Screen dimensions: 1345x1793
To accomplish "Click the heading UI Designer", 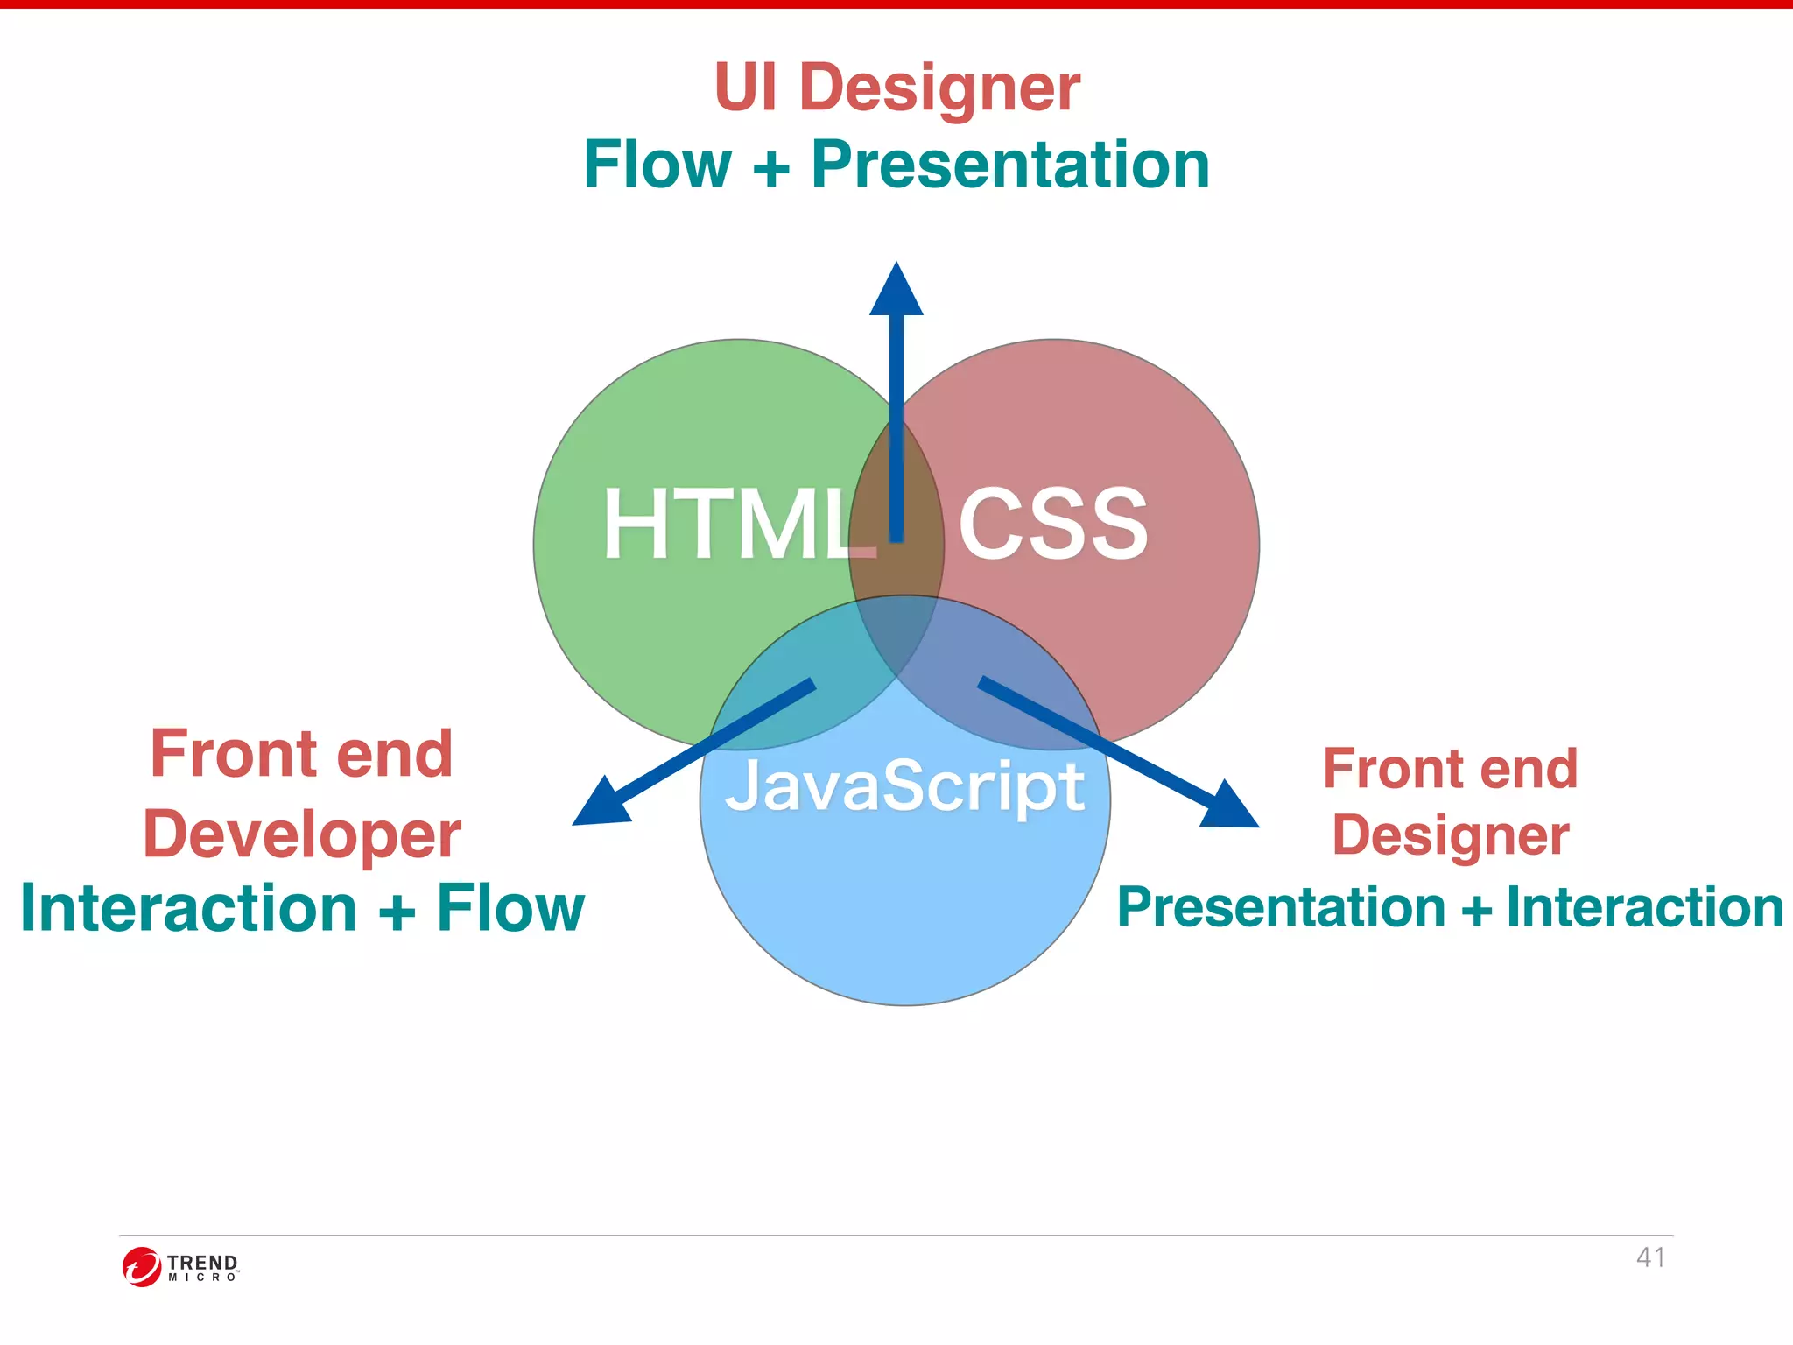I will [896, 88].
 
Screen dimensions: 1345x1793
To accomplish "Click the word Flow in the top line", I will [657, 165].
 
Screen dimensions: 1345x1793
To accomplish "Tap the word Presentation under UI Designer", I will [1009, 165].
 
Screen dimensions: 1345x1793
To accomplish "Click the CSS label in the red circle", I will [1052, 525].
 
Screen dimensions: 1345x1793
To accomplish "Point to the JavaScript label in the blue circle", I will [905, 786].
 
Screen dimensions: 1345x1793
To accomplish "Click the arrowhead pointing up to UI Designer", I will [896, 292].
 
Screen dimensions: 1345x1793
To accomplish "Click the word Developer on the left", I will [302, 834].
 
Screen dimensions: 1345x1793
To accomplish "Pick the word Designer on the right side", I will [1451, 835].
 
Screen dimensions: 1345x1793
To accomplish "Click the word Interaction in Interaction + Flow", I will [188, 908].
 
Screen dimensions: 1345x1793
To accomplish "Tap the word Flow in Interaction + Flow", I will [510, 908].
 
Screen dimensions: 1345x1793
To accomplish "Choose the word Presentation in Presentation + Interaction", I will [1281, 907].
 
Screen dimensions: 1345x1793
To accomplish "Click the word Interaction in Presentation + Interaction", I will [1644, 907].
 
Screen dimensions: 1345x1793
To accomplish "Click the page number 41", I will [1650, 1257].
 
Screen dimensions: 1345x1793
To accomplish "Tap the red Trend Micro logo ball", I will [141, 1267].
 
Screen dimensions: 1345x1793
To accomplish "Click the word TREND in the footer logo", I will [202, 1262].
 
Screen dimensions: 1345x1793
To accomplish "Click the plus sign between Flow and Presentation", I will [770, 166].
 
